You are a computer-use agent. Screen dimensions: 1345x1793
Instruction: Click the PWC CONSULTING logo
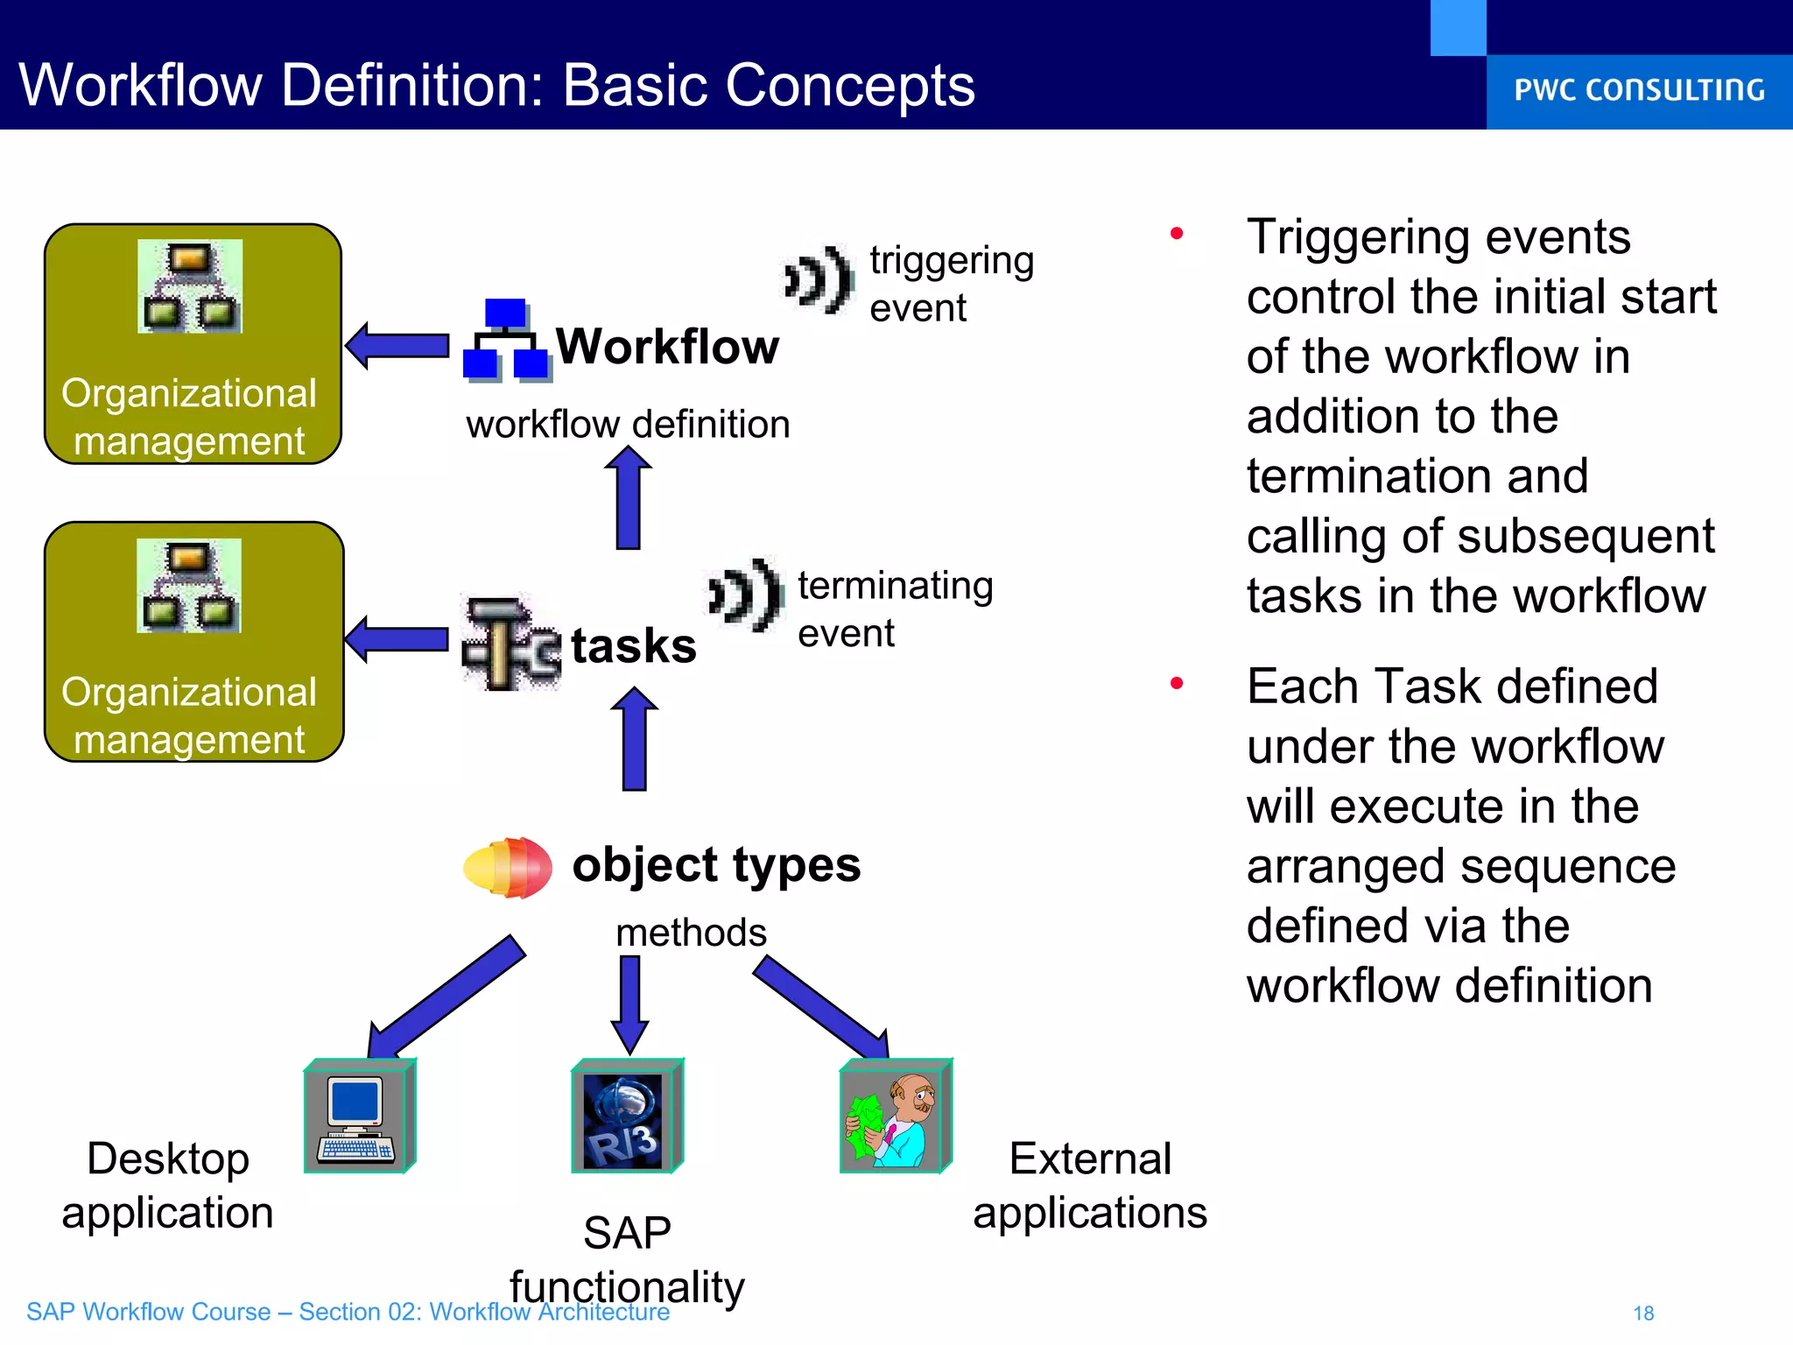(x=1639, y=90)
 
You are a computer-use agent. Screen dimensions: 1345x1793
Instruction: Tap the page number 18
(x=1643, y=1313)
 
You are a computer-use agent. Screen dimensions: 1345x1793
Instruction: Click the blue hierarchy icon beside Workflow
(x=506, y=341)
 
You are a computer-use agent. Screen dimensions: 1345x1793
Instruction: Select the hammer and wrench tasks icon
(x=510, y=644)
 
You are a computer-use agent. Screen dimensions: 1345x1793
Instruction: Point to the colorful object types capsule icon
(x=508, y=867)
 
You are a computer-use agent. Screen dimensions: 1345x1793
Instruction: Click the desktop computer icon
(x=358, y=1116)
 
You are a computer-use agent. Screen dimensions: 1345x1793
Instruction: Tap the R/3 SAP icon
(x=626, y=1116)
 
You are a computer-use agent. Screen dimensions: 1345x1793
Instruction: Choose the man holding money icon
(x=895, y=1116)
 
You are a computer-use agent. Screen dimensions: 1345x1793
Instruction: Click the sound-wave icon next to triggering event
(x=819, y=279)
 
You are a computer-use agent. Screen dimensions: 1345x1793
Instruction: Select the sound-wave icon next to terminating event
(x=745, y=595)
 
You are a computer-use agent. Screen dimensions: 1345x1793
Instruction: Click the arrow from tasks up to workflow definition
(x=628, y=497)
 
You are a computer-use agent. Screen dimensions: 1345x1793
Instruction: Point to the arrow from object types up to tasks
(x=634, y=739)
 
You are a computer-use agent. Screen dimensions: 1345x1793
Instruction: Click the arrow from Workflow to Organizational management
(x=397, y=345)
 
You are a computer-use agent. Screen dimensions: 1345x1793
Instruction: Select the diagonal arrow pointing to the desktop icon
(x=446, y=996)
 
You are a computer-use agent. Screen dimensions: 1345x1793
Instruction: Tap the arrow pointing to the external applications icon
(x=823, y=1007)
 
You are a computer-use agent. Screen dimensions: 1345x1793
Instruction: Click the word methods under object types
(x=691, y=933)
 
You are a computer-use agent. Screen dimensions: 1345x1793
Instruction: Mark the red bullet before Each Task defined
(x=1177, y=683)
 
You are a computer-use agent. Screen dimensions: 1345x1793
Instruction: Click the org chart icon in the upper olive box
(x=190, y=286)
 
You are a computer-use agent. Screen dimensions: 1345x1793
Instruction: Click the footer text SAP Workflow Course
(x=149, y=1312)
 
